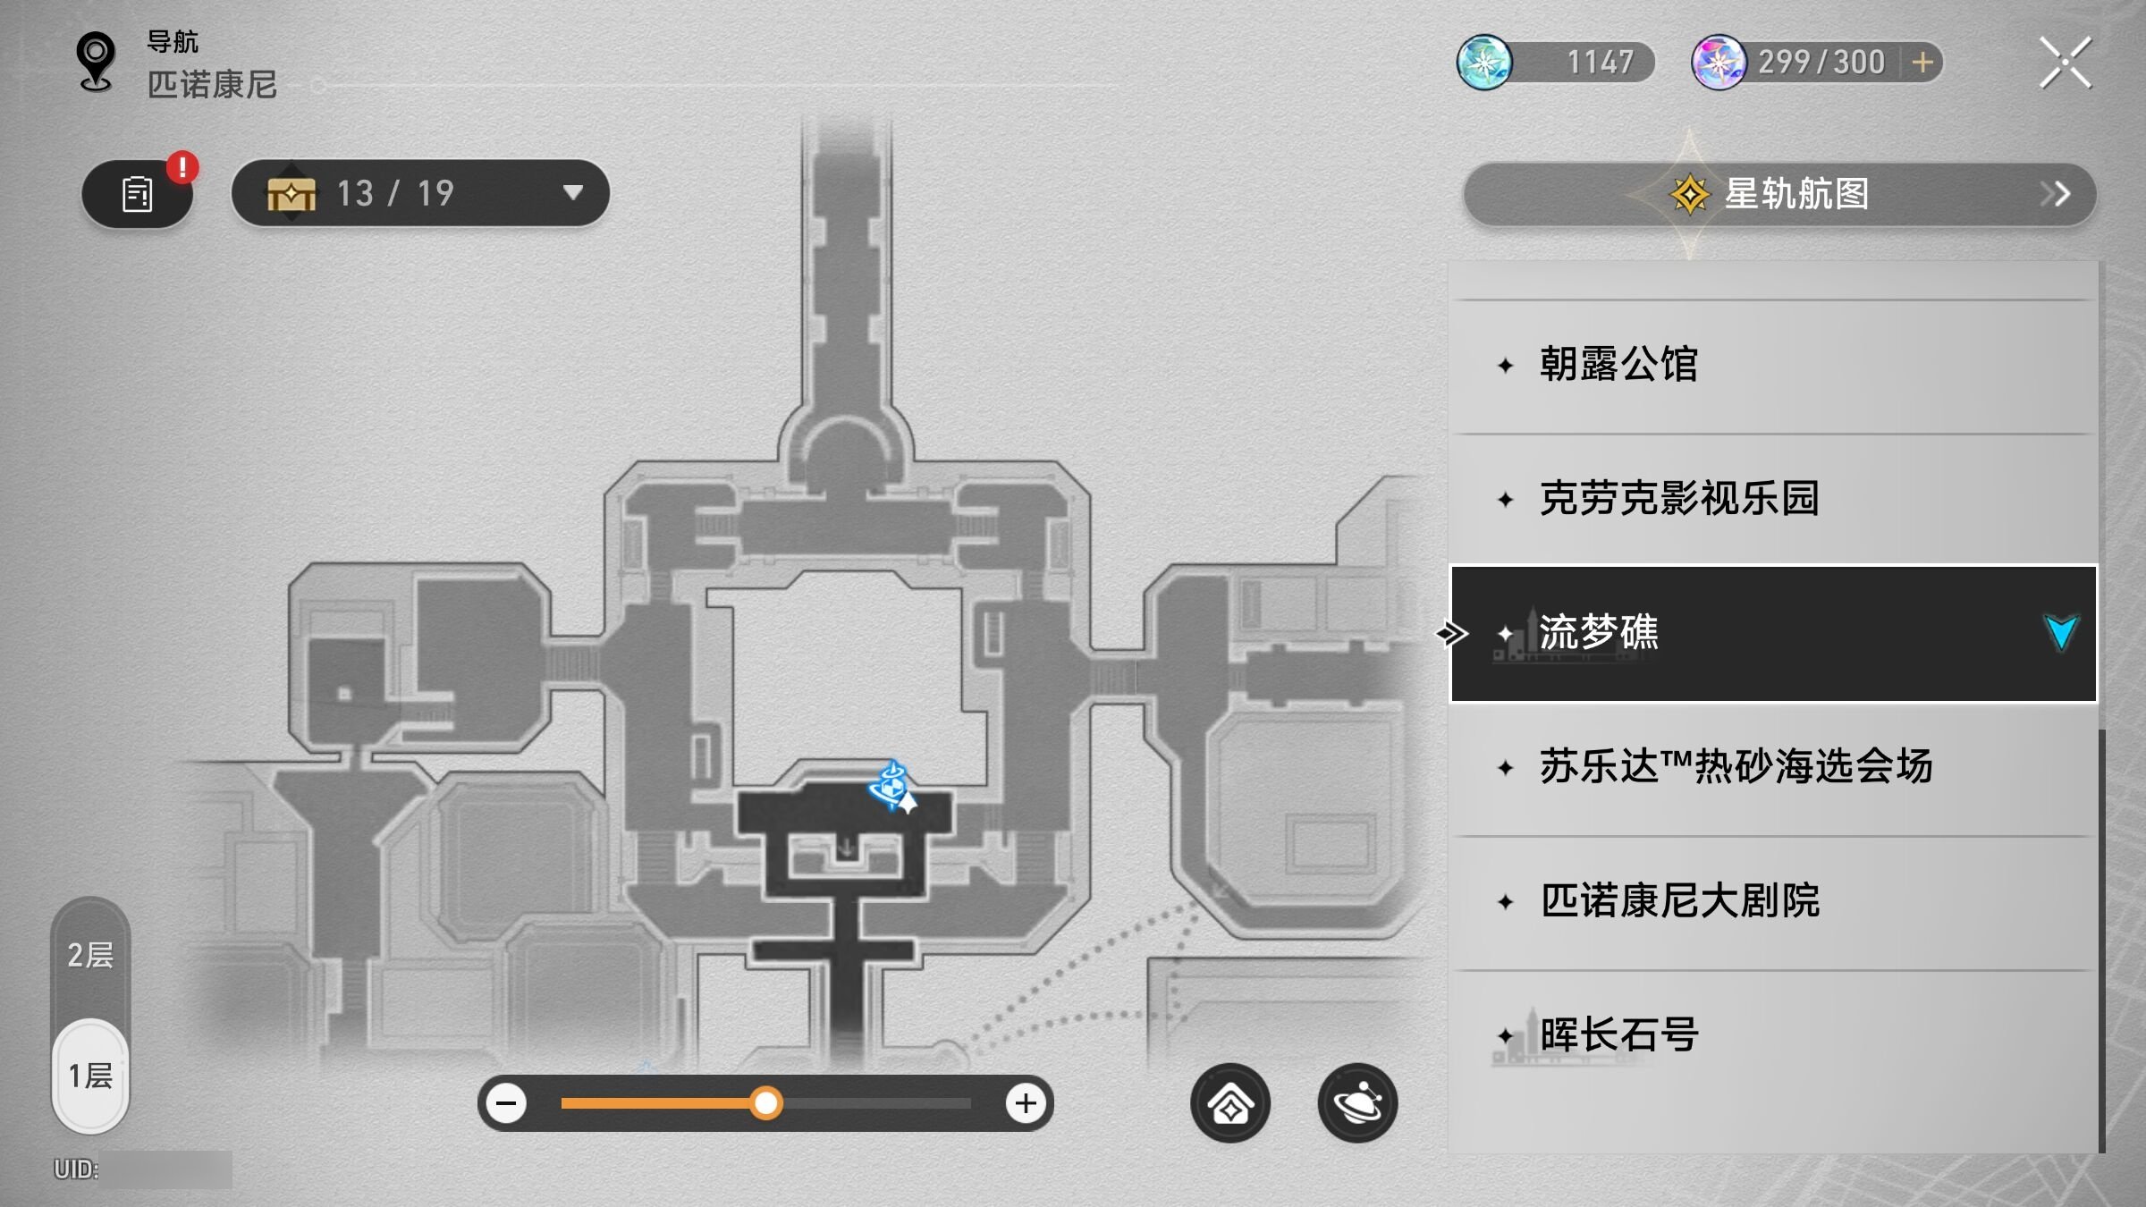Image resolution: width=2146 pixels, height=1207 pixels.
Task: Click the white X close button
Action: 2066,63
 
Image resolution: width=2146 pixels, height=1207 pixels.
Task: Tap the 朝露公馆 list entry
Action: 1772,366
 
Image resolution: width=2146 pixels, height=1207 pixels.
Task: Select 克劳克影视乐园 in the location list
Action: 1772,499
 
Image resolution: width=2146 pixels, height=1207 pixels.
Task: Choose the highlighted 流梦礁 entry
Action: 1772,633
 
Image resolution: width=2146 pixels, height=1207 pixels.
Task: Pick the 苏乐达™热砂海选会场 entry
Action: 1772,767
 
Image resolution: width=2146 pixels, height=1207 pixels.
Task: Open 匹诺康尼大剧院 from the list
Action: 1772,901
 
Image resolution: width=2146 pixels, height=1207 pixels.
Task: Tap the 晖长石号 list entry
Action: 1772,1035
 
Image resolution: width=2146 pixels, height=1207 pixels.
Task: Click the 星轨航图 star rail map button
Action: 1779,194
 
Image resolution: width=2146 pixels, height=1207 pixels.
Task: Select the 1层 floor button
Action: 90,1076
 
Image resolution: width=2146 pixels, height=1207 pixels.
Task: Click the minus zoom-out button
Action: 506,1103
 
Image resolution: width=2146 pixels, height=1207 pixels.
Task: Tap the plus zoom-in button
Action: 1026,1103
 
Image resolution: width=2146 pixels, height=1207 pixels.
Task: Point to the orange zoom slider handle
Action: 765,1103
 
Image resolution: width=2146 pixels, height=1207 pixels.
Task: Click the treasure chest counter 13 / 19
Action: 420,193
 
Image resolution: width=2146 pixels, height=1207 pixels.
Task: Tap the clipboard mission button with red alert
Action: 137,194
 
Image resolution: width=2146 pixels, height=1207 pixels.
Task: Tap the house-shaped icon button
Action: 1230,1103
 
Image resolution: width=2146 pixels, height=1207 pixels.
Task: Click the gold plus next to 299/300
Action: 1922,63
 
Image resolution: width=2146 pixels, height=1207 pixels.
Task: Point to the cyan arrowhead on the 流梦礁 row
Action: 2061,632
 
